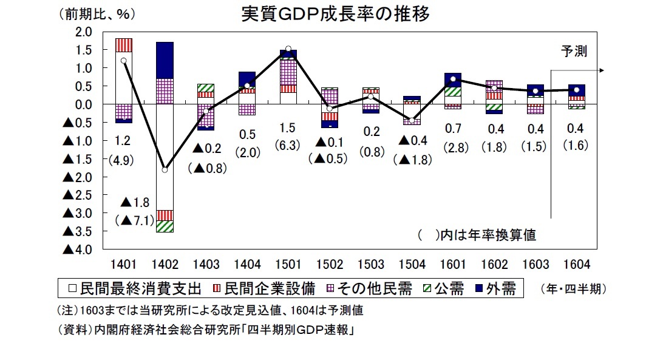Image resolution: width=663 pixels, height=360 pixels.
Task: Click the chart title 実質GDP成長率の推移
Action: [x=335, y=15]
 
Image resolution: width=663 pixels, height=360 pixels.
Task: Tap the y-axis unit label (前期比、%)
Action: [x=98, y=13]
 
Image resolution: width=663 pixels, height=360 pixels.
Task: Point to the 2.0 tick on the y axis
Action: [x=84, y=32]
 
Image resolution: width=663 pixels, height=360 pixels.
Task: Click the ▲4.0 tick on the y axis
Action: [x=78, y=250]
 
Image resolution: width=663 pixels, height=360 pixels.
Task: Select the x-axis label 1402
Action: [x=165, y=265]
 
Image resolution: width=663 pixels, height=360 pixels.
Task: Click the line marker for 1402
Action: [x=165, y=170]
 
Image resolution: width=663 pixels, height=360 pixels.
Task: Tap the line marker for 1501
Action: [x=288, y=49]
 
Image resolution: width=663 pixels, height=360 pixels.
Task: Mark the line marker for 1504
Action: [x=412, y=120]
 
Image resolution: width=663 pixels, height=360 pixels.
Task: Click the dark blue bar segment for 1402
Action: [x=165, y=59]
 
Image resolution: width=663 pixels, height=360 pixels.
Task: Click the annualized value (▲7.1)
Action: [x=134, y=220]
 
